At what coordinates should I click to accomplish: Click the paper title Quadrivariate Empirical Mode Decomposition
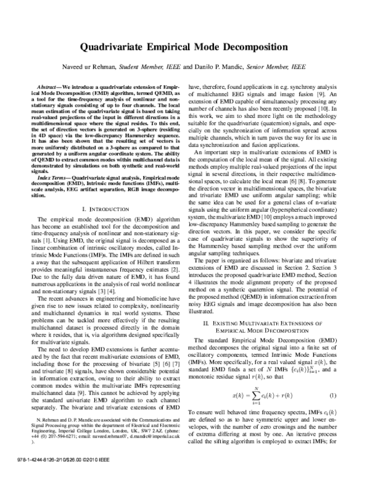point(184,46)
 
